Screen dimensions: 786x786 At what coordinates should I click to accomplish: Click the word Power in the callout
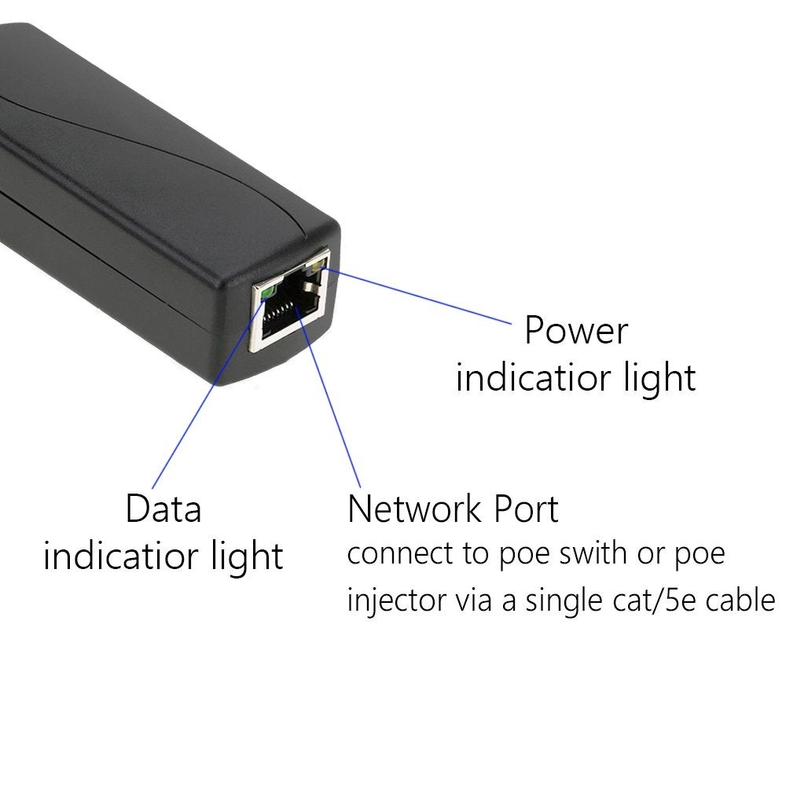[576, 330]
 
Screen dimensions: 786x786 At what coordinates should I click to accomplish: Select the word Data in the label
[163, 509]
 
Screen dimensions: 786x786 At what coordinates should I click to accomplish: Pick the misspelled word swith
[597, 553]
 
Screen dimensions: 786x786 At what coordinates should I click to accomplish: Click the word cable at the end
[742, 601]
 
